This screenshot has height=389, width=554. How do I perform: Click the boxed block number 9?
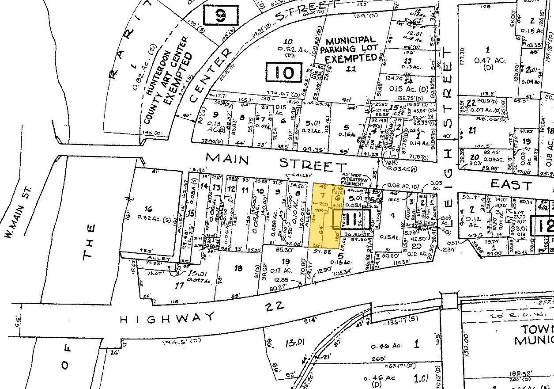pos(221,16)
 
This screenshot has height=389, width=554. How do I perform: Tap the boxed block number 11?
pos(351,219)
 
